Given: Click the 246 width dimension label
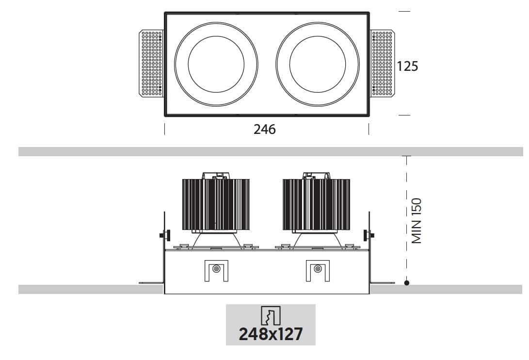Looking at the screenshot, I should (x=264, y=130).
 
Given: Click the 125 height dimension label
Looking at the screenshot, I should (x=407, y=66).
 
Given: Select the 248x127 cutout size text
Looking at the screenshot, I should (x=271, y=334).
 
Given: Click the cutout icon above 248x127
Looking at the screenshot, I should (x=271, y=316).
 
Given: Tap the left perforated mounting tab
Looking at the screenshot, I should (x=151, y=63).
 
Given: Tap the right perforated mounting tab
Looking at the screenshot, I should (x=383, y=63).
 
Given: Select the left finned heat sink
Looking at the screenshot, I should (x=216, y=204).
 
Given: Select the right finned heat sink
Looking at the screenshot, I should (x=316, y=204).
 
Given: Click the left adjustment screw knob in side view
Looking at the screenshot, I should (x=161, y=236).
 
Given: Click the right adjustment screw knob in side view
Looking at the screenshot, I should (x=372, y=236).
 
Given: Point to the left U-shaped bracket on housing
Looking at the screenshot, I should (x=216, y=270).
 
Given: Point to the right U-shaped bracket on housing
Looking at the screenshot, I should (x=317, y=270).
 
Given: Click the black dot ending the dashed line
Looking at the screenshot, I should (x=407, y=282).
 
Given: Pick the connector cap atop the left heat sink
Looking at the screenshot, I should (x=216, y=175).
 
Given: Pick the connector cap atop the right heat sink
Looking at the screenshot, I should (x=316, y=175).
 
